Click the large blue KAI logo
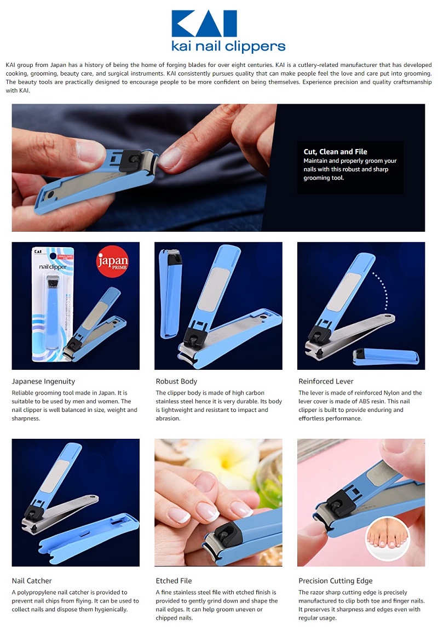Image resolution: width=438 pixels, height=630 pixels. (204, 24)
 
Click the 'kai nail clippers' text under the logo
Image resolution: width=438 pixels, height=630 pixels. (228, 46)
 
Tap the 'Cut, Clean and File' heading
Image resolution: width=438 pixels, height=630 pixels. (335, 151)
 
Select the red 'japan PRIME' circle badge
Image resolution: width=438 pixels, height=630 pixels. (112, 261)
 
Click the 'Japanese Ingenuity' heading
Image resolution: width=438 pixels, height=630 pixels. (43, 381)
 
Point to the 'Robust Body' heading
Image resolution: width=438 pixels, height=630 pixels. (176, 381)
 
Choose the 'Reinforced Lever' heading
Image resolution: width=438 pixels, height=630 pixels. (326, 381)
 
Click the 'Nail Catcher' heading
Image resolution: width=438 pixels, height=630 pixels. (32, 581)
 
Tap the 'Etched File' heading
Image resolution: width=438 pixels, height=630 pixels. (174, 581)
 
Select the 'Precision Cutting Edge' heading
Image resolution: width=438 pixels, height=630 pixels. (335, 581)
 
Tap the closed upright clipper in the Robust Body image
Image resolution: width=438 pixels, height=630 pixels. (170, 293)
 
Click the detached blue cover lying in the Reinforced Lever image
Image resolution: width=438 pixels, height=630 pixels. (385, 356)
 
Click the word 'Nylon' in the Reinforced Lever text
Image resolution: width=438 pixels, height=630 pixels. (391, 393)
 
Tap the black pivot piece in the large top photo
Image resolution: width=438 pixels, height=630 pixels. (130, 161)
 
